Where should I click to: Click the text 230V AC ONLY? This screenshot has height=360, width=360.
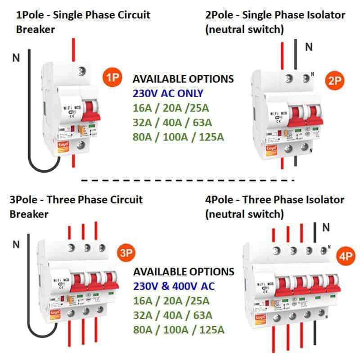click(168, 94)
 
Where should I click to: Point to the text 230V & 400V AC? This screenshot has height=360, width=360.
click(174, 286)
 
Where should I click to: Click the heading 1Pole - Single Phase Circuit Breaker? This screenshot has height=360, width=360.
click(83, 22)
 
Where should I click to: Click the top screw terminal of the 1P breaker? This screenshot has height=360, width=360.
click(81, 71)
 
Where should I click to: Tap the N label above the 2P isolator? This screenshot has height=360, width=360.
click(309, 46)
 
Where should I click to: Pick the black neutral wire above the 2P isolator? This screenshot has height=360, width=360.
click(296, 54)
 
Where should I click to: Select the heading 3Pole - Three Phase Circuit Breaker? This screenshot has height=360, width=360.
click(76, 206)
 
